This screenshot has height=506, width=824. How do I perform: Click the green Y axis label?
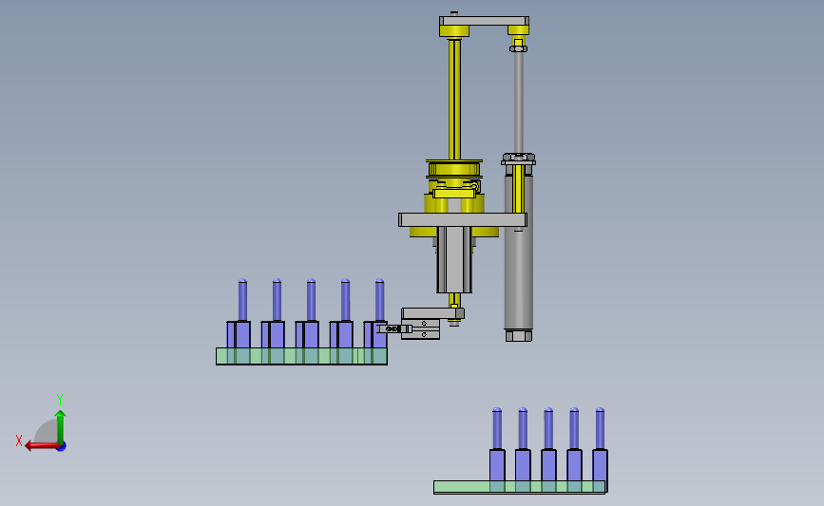pyautogui.click(x=59, y=400)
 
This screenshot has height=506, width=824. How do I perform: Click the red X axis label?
pyautogui.click(x=19, y=440)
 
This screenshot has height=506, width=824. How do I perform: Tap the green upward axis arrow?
pyautogui.click(x=61, y=427)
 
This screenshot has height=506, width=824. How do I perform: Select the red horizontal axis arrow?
pyautogui.click(x=43, y=445)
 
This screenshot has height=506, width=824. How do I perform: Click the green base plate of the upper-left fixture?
pyautogui.click(x=301, y=356)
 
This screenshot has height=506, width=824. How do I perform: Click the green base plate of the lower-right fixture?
pyautogui.click(x=519, y=487)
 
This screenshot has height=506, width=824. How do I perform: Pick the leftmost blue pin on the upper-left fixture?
pyautogui.click(x=242, y=300)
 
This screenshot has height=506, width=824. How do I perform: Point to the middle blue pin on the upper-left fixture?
pyautogui.click(x=311, y=300)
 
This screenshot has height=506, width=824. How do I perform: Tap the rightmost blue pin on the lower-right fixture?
pyautogui.click(x=600, y=428)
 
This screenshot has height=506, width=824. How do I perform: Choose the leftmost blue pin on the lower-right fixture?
pyautogui.click(x=497, y=428)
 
